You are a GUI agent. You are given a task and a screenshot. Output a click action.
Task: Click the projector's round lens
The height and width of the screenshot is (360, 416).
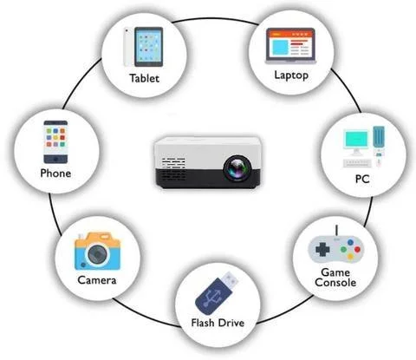pos(237,168)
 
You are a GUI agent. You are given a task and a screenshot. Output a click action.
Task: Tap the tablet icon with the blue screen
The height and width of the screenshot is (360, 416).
pos(148,47)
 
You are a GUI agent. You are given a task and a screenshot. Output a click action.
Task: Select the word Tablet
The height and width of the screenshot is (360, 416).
pos(144,78)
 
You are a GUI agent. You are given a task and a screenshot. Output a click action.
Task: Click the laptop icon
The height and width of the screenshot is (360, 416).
pos(290,46)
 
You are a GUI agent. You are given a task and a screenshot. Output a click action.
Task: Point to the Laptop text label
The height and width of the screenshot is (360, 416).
pos(291,75)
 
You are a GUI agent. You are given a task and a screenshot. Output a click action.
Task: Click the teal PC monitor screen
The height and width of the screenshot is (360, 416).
pos(356,140)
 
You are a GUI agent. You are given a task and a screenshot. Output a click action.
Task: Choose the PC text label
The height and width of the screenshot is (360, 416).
pos(362,179)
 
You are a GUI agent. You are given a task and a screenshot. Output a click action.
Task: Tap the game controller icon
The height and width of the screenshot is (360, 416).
pos(336,248)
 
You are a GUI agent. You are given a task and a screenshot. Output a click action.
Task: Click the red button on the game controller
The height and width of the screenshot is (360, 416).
pos(357,249)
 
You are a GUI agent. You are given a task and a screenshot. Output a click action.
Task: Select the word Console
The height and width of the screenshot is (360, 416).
pos(335,283)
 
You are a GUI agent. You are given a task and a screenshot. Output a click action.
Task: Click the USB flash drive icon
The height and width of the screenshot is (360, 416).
pos(218,293)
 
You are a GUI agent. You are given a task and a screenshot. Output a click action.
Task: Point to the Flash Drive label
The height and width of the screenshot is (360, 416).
pos(218,323)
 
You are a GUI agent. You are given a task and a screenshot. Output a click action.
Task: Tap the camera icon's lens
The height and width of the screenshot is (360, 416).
pos(97,254)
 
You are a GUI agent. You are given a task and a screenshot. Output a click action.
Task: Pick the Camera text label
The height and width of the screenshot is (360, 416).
pos(97,280)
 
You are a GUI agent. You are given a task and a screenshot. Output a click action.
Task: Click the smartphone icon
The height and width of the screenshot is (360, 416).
pos(55,142)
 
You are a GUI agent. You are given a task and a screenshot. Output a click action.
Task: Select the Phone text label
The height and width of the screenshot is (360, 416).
pos(55,173)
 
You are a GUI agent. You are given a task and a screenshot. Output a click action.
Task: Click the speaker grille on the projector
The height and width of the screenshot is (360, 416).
pos(173,163)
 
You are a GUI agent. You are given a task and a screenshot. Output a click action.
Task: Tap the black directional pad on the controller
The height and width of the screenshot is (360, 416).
pos(322,249)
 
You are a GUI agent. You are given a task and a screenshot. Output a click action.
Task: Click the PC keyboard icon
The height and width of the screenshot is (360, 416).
pos(357,163)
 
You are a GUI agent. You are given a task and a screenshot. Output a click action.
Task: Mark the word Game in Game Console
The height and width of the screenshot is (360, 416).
pos(335,272)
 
